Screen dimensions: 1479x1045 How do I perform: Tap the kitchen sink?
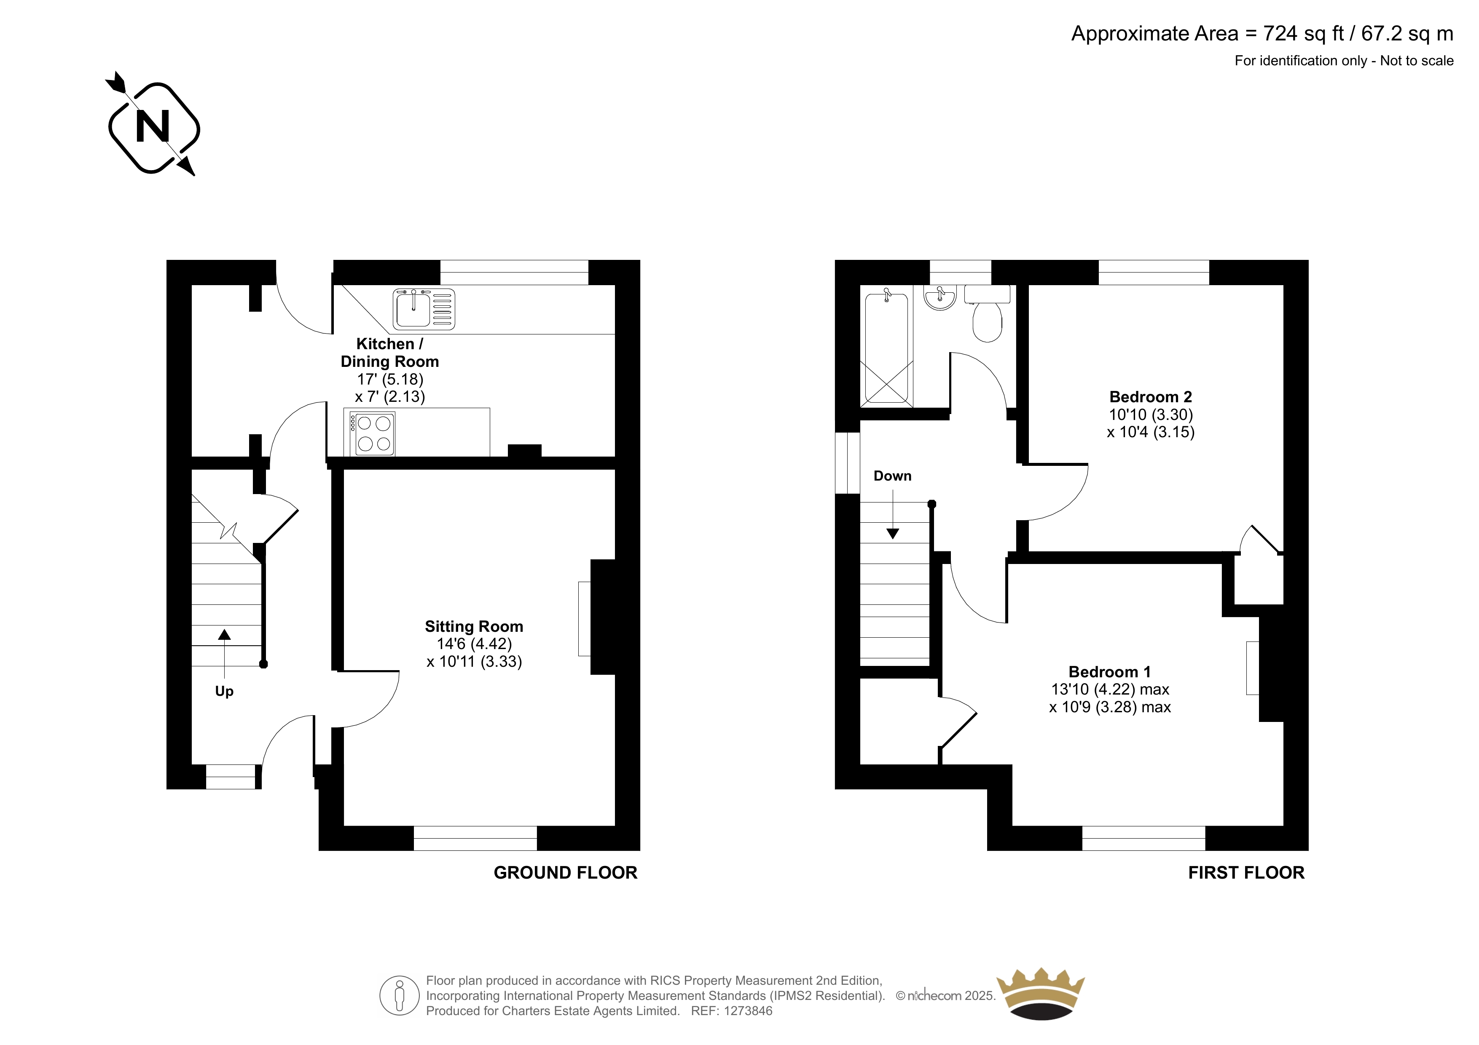point(424,309)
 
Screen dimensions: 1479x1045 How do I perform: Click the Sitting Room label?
point(474,626)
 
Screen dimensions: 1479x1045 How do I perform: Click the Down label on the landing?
point(892,476)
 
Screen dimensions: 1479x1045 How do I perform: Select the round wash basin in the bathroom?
point(940,297)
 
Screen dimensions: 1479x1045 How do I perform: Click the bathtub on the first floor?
point(887,347)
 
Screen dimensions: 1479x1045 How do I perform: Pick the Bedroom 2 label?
point(1151,397)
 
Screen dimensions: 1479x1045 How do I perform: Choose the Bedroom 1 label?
point(1109,671)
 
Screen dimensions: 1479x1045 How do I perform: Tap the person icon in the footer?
point(400,995)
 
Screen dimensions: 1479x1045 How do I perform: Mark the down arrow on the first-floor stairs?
point(893,514)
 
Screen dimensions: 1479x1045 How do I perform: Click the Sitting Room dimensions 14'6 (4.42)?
point(474,644)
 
